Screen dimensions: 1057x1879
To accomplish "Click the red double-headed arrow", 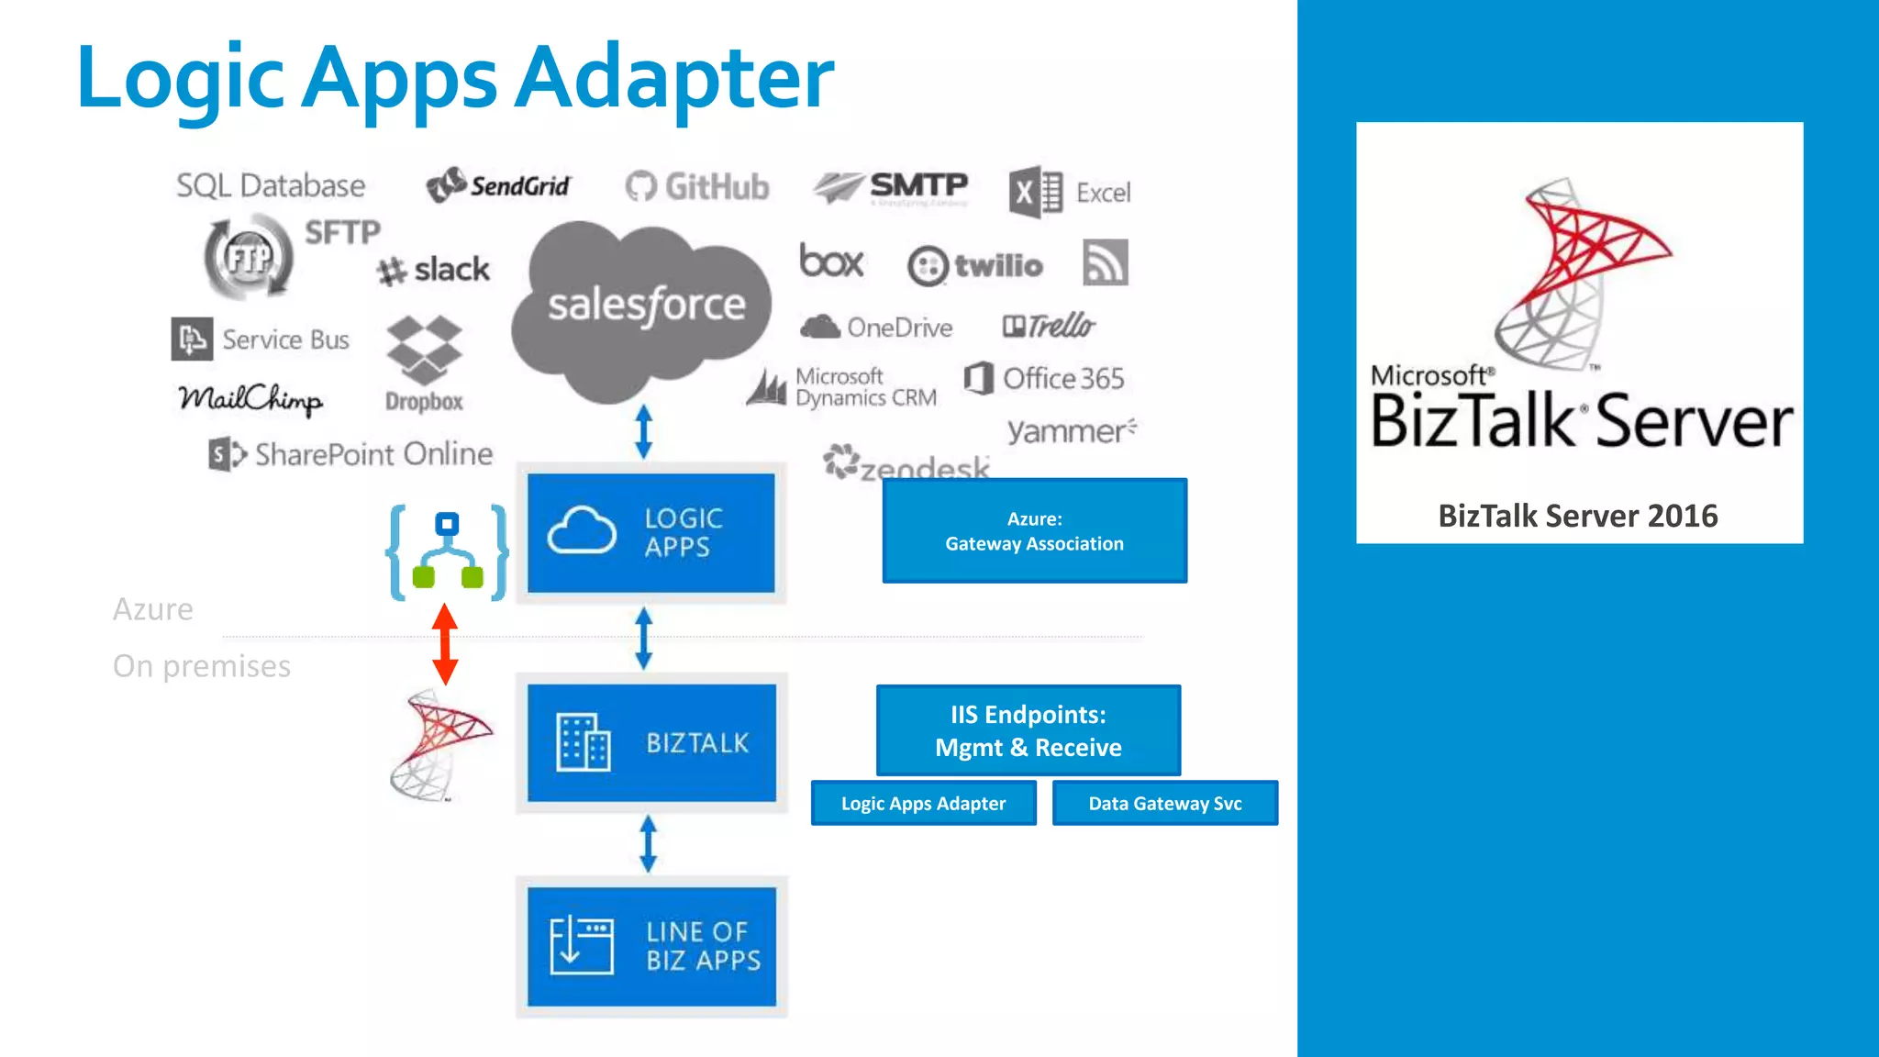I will pyautogui.click(x=445, y=644).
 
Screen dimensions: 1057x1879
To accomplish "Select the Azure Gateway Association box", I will pyautogui.click(x=1034, y=530).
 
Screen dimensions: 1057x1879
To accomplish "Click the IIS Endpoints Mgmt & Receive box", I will pyautogui.click(x=1028, y=730).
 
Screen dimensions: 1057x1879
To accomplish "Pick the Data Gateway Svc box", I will pyautogui.click(x=1164, y=803).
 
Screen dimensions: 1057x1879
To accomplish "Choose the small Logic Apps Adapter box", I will pyautogui.click(x=923, y=803).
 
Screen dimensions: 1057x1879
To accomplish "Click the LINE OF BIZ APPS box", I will pyautogui.click(x=651, y=946).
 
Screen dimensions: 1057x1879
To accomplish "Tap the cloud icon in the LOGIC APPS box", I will pyautogui.click(x=582, y=530).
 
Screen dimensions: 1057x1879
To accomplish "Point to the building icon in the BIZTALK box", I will pyautogui.click(x=584, y=741).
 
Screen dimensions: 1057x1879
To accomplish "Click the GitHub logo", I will pyautogui.click(x=697, y=187).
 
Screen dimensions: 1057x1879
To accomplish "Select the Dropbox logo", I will pyautogui.click(x=424, y=362).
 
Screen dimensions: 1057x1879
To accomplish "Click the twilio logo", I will pyautogui.click(x=975, y=265).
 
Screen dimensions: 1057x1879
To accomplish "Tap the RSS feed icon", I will pyautogui.click(x=1105, y=263).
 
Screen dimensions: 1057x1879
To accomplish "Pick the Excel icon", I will pyautogui.click(x=1035, y=193).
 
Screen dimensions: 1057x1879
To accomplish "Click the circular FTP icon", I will pyautogui.click(x=248, y=257).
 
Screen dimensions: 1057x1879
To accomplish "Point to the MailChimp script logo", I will pyautogui.click(x=250, y=399).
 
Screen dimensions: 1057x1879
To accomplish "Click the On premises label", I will pyautogui.click(x=202, y=665).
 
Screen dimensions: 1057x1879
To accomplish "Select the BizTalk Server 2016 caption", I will pyautogui.click(x=1577, y=516).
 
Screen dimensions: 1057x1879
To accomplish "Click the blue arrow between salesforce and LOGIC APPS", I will pyautogui.click(x=644, y=431).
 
